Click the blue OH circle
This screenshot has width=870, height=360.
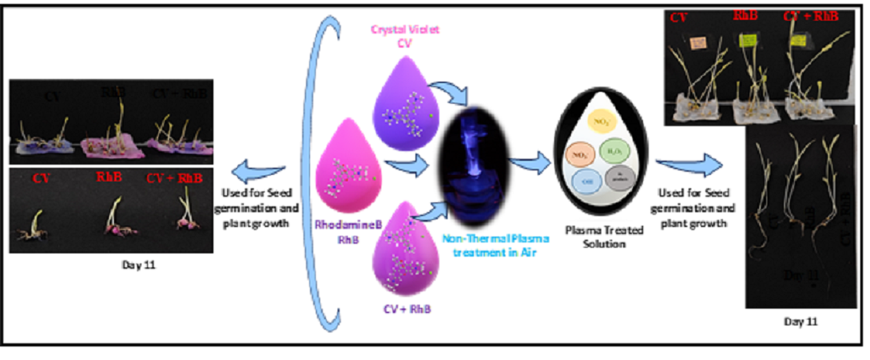[586, 181]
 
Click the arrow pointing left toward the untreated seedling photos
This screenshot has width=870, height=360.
[258, 172]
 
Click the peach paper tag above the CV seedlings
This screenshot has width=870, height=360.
[698, 43]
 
